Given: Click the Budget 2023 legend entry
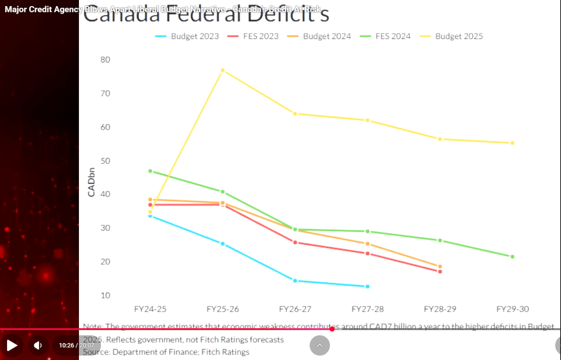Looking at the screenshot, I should pyautogui.click(x=187, y=36).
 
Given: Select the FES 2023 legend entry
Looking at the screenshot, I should pyautogui.click(x=253, y=36).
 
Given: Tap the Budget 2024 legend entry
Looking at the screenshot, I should pyautogui.click(x=320, y=36).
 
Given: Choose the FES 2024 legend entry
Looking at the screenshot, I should pyautogui.click(x=386, y=36).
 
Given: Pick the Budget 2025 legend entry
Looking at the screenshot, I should pyautogui.click(x=452, y=36).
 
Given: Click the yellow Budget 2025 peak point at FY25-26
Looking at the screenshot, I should pyautogui.click(x=222, y=70).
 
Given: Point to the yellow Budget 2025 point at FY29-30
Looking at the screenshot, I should pyautogui.click(x=512, y=143).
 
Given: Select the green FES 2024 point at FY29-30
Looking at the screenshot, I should pyautogui.click(x=512, y=256).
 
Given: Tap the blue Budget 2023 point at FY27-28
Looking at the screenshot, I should pyautogui.click(x=368, y=287).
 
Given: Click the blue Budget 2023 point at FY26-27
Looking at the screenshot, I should pyautogui.click(x=295, y=281).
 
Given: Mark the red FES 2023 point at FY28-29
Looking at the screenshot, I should pyautogui.click(x=440, y=272).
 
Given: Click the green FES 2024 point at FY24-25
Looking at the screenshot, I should pyautogui.click(x=150, y=171).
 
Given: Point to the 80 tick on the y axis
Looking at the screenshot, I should pyautogui.click(x=105, y=60).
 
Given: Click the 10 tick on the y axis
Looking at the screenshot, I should pyautogui.click(x=105, y=295).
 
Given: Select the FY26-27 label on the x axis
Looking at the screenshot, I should pyautogui.click(x=295, y=309).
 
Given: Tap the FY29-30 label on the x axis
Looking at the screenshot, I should pyautogui.click(x=512, y=309).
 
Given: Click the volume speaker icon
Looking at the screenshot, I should pyautogui.click(x=38, y=345).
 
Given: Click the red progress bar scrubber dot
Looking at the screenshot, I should pyautogui.click(x=332, y=329).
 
